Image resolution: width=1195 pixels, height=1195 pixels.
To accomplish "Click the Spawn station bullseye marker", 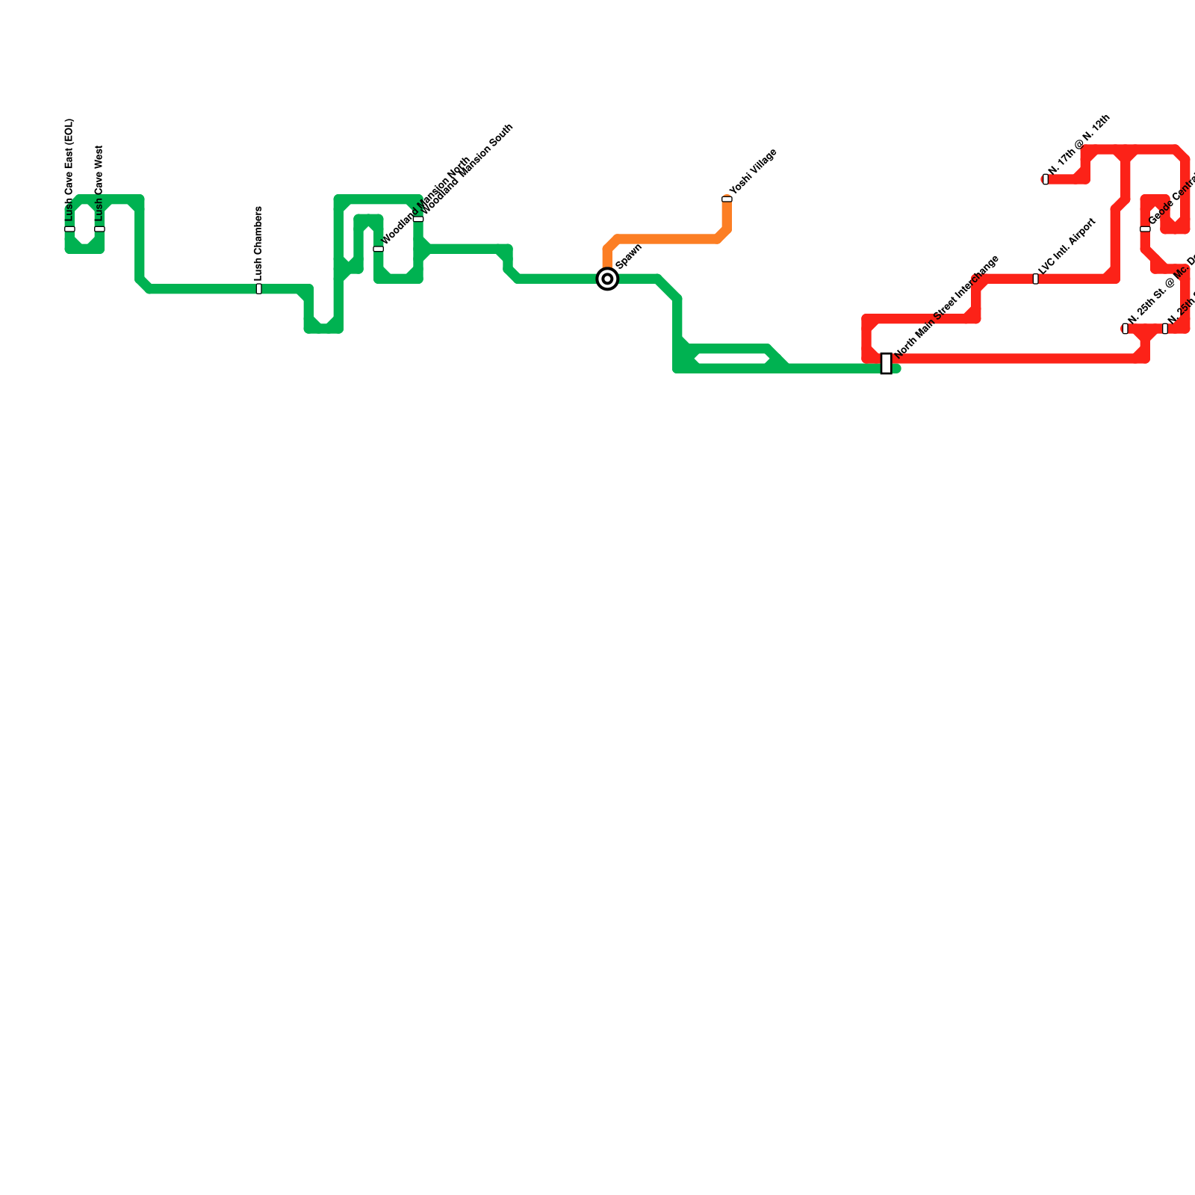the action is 608,279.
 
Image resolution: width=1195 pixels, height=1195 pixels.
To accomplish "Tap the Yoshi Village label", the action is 754,173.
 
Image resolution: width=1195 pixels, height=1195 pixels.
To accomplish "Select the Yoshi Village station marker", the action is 727,199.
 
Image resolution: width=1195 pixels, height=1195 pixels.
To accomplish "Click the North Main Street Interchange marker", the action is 887,364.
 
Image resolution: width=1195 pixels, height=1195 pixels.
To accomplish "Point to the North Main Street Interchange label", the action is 946,306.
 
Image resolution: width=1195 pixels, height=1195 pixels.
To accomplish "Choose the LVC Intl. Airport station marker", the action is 1036,279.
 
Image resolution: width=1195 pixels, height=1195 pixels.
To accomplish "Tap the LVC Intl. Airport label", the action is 1067,246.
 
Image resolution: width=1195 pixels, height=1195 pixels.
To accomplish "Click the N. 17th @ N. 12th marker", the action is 1046,179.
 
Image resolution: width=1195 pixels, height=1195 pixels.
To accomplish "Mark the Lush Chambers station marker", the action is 259,289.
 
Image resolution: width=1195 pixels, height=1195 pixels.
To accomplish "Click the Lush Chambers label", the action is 258,243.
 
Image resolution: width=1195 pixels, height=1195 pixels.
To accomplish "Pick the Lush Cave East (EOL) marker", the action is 69,229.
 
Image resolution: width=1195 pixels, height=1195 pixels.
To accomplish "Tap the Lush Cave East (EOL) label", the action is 69,170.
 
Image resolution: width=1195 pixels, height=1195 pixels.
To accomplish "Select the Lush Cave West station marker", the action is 99,229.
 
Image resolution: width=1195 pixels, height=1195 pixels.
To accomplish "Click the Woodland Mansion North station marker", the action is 379,249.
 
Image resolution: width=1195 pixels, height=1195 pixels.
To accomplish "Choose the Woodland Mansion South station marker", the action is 418,219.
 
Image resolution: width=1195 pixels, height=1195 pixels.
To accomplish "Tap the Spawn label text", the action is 630,256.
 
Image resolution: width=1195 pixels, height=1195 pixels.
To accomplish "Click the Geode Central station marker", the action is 1145,229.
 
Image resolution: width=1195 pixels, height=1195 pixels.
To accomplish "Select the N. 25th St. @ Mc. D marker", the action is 1126,329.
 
